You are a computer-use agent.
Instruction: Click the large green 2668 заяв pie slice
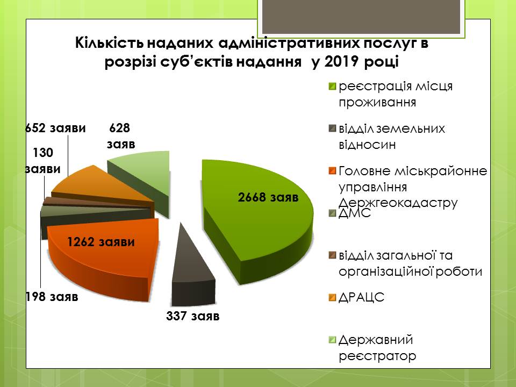point(257,217)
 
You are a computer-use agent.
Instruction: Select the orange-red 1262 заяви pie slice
point(102,257)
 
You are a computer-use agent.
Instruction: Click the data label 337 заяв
point(193,316)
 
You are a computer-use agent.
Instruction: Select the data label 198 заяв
point(52,297)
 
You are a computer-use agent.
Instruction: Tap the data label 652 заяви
point(55,128)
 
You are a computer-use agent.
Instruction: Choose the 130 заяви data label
point(43,161)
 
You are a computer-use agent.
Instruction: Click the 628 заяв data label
point(121,136)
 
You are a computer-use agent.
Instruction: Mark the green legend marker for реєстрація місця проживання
point(332,87)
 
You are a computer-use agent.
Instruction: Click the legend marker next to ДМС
point(332,213)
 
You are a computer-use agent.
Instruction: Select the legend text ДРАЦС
point(361,297)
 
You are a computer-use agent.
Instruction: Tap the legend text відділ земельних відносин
point(392,136)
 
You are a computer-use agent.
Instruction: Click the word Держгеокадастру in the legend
point(398,203)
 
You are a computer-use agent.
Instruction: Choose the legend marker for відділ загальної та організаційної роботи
point(332,256)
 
